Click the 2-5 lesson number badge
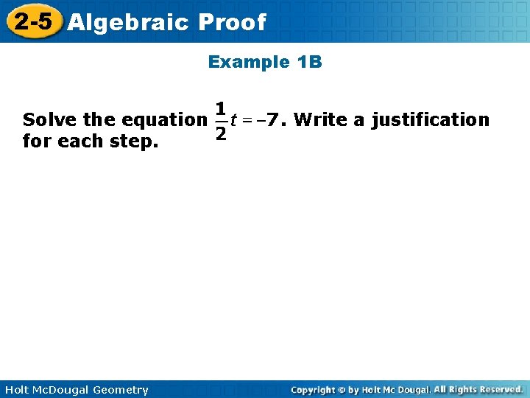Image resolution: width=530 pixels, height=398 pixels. pos(32,21)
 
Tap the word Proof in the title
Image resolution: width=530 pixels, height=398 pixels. pos(232,22)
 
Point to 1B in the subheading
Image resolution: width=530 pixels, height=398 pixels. pos(309,62)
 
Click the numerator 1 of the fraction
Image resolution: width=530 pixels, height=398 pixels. pos(220,108)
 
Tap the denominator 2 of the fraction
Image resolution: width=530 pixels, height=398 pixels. pos(220,133)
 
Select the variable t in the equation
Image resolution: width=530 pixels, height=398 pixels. pos(233,120)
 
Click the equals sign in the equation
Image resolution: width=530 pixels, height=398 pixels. pos(250,120)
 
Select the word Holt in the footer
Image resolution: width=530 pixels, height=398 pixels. pos(16,390)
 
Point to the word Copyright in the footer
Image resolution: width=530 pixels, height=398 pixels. pos(313,389)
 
